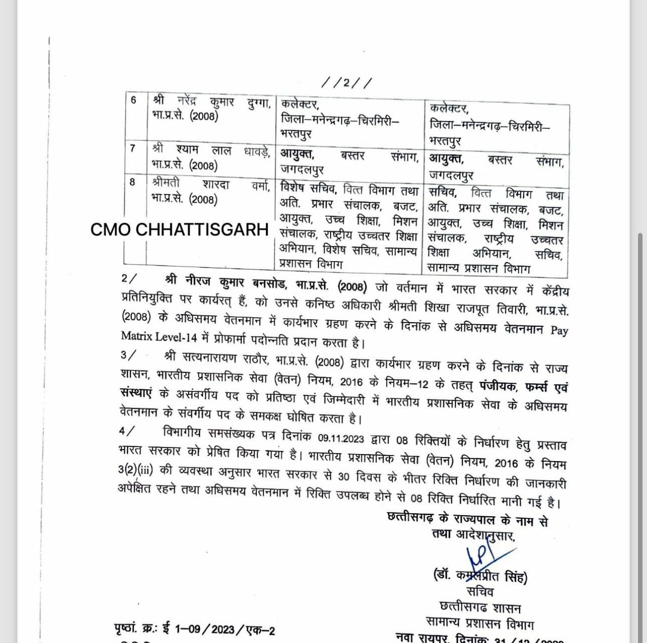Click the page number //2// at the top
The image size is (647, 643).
coord(346,82)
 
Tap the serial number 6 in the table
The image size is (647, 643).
coord(133,100)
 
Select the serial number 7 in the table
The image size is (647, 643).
coord(132,149)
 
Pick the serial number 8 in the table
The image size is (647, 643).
coord(132,182)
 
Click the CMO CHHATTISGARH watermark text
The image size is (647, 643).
coord(179,230)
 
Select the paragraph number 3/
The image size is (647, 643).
coord(128,355)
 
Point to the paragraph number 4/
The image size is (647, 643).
coord(127,431)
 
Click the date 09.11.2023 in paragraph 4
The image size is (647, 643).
coord(341,437)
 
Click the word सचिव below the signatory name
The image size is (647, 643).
coord(480,591)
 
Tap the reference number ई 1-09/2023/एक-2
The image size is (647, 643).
coord(224,629)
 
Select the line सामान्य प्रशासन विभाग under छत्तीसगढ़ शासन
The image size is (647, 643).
coord(480,623)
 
